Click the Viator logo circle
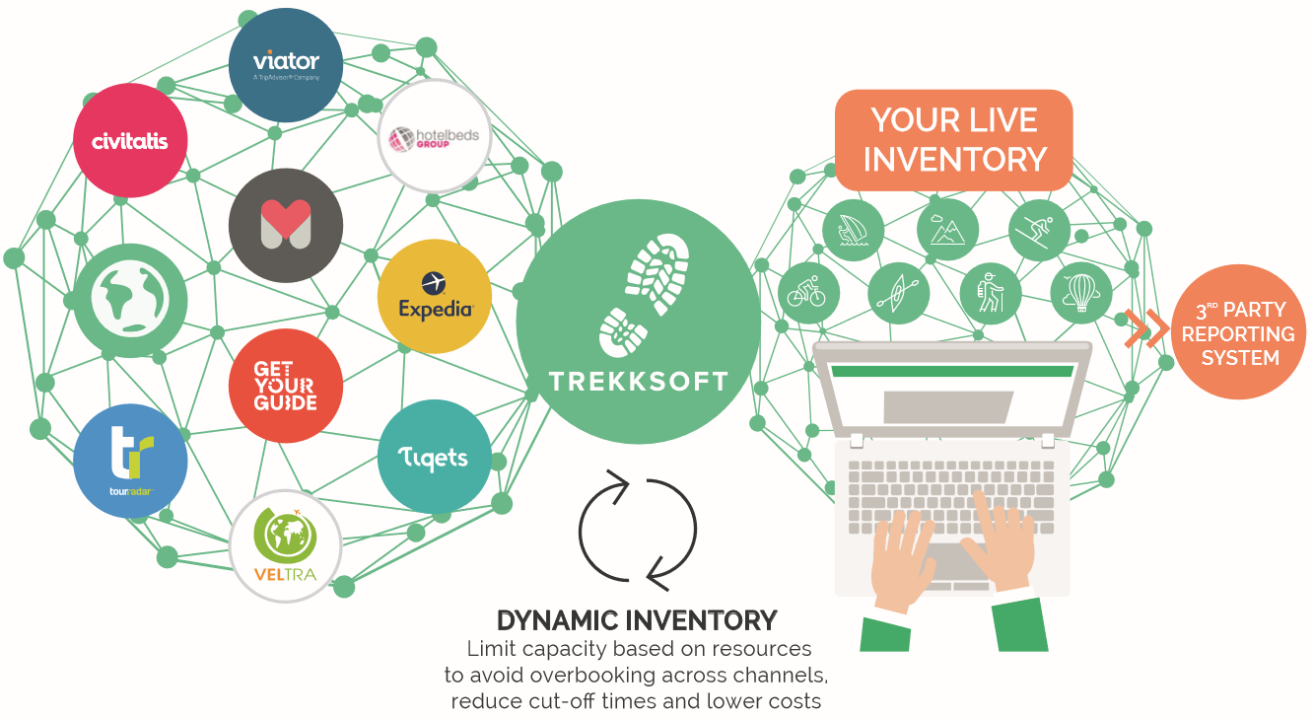[286, 65]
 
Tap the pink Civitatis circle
[130, 141]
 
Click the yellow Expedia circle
[435, 296]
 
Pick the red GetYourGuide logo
[286, 386]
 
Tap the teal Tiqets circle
[434, 457]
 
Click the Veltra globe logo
[286, 545]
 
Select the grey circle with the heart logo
[286, 226]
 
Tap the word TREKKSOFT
[639, 382]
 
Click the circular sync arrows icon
[638, 526]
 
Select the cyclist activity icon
[808, 293]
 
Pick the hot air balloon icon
[1081, 293]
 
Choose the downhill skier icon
[1040, 230]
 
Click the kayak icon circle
[899, 293]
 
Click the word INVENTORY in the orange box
[954, 159]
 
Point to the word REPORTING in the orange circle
[1239, 333]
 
